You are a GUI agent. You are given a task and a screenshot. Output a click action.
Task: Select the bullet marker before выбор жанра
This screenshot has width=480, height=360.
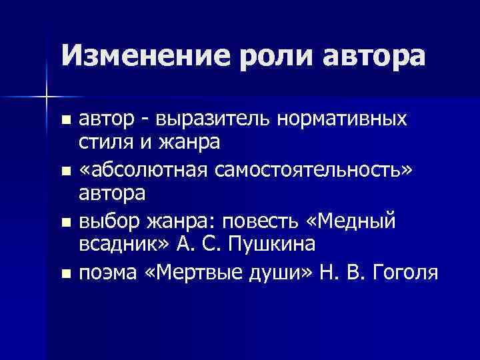(65, 221)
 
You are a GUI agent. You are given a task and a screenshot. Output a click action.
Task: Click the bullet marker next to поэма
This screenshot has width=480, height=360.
(65, 273)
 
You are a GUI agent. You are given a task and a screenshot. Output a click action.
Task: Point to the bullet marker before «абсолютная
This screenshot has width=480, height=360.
(65, 171)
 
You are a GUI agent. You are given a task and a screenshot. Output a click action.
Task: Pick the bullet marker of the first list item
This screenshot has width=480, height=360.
(65, 120)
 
